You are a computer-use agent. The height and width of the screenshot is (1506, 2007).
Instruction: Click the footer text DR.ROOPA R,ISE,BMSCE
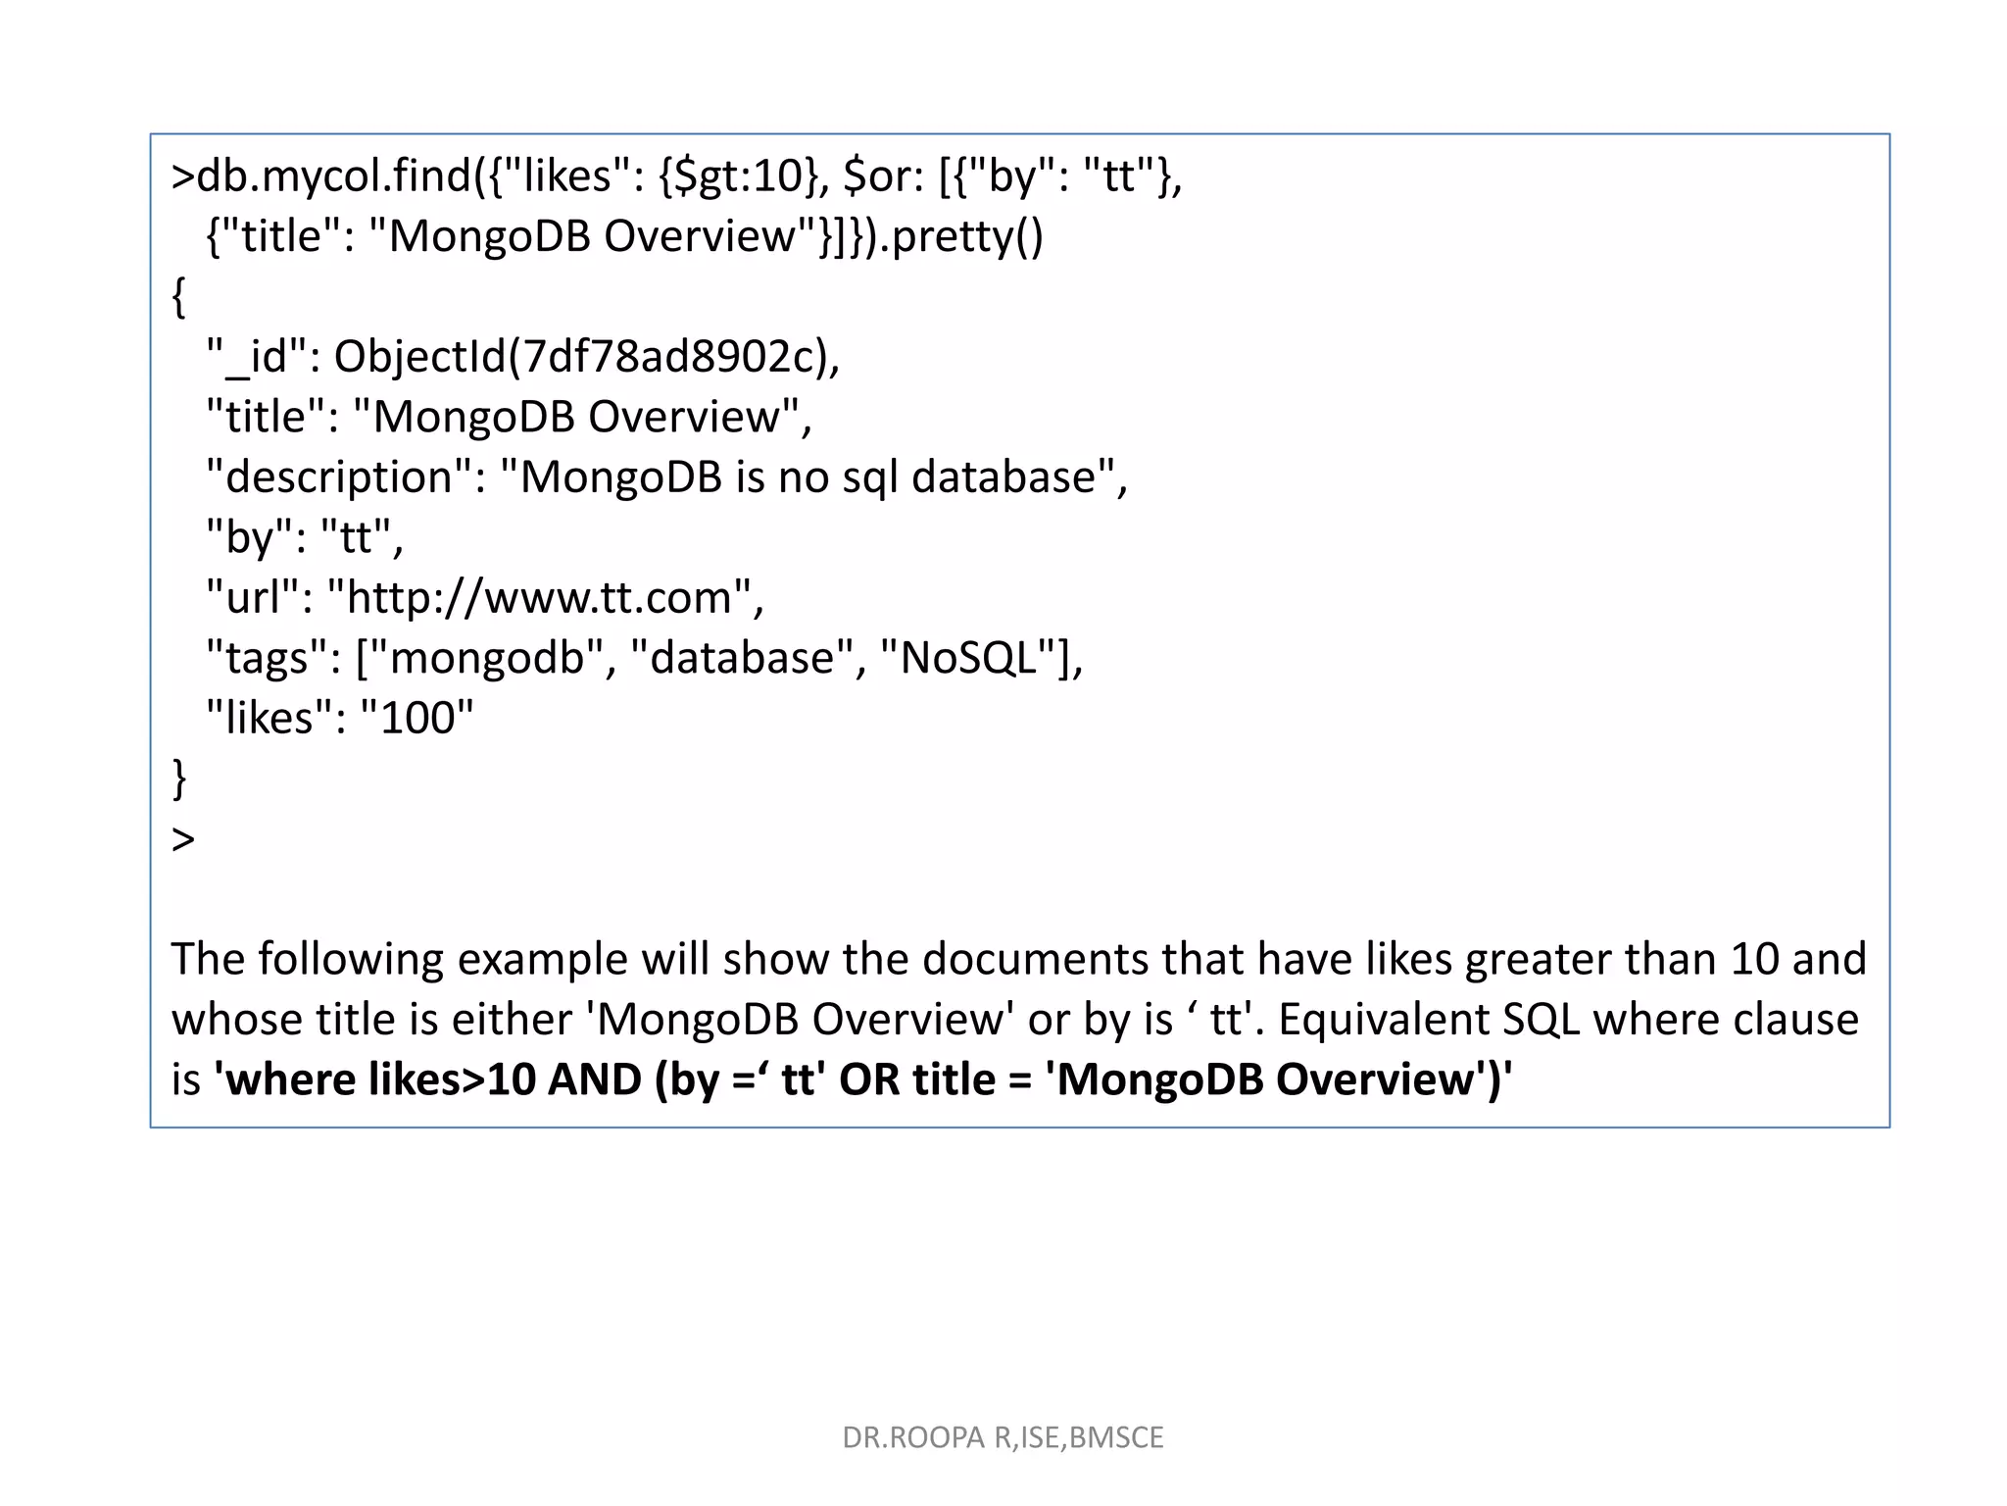1003,1437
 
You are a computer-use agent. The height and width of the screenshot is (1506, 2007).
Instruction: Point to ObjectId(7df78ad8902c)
585,357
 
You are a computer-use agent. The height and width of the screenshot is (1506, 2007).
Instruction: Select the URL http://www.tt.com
539,598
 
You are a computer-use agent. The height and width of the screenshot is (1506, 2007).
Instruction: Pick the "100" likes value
417,719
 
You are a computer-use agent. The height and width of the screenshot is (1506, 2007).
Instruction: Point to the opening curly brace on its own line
178,297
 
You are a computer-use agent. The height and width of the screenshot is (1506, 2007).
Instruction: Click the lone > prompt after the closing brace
183,839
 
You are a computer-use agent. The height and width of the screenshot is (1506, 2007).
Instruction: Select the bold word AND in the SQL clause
594,1079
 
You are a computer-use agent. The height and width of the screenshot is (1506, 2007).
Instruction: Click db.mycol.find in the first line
334,176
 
